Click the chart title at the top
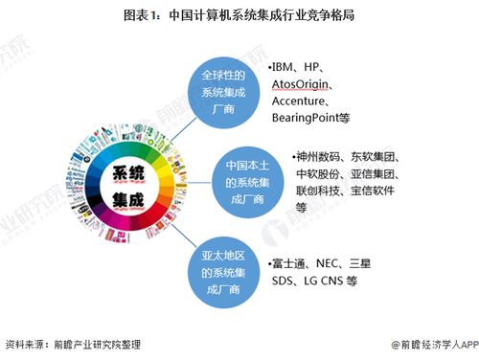click(239, 15)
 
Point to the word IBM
click(285, 68)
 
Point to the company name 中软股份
click(321, 173)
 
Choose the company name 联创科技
click(321, 190)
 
